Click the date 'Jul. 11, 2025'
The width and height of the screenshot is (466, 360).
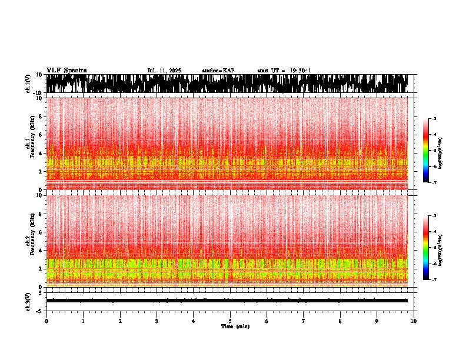[164, 71]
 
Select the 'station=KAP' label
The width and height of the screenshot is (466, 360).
[218, 71]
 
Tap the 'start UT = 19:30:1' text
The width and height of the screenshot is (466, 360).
[284, 71]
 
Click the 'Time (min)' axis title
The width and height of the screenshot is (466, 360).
[235, 326]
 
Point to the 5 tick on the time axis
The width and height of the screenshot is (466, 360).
[230, 321]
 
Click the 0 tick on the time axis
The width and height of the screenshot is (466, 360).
[46, 321]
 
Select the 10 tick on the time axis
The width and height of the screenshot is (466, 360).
[414, 321]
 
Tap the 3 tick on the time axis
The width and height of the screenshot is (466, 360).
[157, 321]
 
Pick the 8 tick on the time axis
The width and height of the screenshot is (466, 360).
[340, 321]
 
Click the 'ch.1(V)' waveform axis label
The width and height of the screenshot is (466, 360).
[28, 84]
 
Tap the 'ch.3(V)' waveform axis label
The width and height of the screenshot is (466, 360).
[28, 301]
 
